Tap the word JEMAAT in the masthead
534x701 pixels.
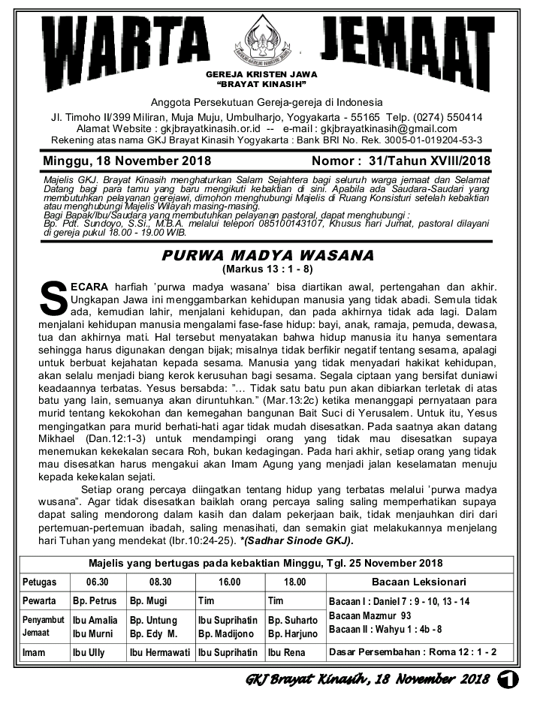pos(417,41)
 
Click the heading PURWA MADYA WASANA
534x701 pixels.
pos(267,255)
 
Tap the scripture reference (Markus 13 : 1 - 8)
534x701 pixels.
pos(267,269)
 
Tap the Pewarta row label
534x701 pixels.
pos(40,601)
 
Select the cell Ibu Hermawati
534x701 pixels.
pos(160,653)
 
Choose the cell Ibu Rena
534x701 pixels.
pos(286,653)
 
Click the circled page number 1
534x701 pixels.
pos(512,680)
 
